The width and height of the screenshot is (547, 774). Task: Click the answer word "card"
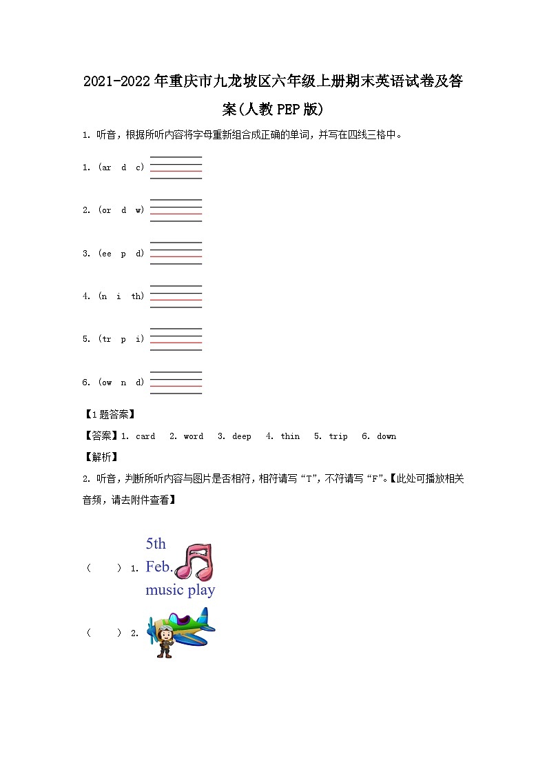click(x=145, y=436)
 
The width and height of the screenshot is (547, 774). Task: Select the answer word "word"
click(x=194, y=436)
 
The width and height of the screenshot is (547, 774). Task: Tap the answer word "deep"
click(x=242, y=436)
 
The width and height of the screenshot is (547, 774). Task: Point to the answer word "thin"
click(x=290, y=436)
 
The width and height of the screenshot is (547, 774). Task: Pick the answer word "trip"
click(x=338, y=436)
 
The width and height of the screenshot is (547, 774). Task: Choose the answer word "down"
click(x=386, y=436)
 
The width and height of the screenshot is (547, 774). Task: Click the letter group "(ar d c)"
click(x=121, y=167)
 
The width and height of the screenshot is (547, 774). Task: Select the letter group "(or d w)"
click(x=121, y=210)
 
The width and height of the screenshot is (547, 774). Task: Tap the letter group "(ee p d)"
click(x=121, y=254)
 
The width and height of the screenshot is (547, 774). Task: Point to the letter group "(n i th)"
click(x=121, y=296)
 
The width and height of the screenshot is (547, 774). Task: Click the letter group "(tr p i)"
click(x=121, y=339)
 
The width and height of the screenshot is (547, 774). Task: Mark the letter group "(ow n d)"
click(x=121, y=383)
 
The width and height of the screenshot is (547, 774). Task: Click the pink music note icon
click(x=195, y=561)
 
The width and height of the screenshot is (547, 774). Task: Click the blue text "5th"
click(x=156, y=544)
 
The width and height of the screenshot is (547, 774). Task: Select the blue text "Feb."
click(x=158, y=567)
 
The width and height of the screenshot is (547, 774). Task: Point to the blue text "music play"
click(x=180, y=590)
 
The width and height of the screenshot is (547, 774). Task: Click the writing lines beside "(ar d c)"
click(x=176, y=167)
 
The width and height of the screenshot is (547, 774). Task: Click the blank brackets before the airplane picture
click(x=104, y=633)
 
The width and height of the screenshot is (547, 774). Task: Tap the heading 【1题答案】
click(x=108, y=414)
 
